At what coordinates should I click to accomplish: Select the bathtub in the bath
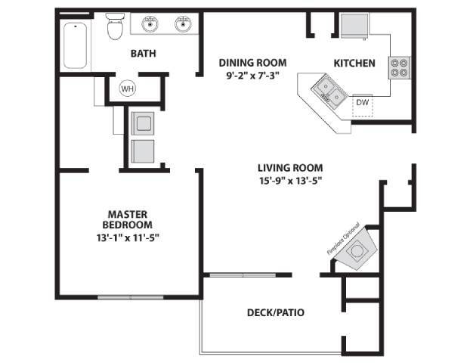[73, 45]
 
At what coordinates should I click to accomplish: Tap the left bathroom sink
[150, 25]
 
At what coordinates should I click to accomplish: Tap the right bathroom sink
[183, 25]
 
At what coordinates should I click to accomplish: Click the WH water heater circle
[128, 88]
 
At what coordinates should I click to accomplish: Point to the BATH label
[144, 53]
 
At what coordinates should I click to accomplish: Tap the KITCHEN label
[354, 63]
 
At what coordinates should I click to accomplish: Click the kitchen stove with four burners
[398, 68]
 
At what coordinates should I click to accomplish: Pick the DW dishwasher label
[363, 102]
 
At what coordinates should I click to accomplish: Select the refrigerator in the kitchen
[354, 25]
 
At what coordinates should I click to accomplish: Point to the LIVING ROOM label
[290, 168]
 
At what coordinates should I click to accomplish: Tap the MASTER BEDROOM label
[128, 219]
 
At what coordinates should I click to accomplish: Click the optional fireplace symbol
[354, 250]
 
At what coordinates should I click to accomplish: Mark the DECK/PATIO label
[276, 312]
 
